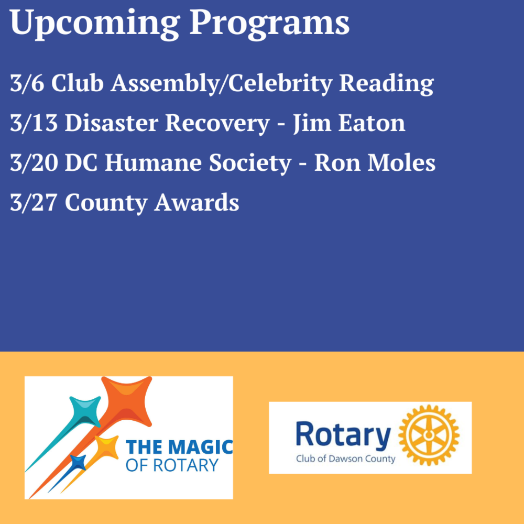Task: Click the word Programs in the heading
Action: pyautogui.click(x=269, y=24)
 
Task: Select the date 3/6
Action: pyautogui.click(x=27, y=83)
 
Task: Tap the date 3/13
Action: pyautogui.click(x=34, y=123)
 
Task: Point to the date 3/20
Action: pyautogui.click(x=34, y=163)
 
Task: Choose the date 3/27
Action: pyautogui.click(x=34, y=202)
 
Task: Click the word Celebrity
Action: pyautogui.click(x=280, y=83)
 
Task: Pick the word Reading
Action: pyautogui.click(x=387, y=83)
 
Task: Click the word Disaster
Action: pyautogui.click(x=111, y=123)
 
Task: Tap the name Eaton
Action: pyautogui.click(x=372, y=123)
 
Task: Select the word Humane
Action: pyautogui.click(x=153, y=163)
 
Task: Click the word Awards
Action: pyautogui.click(x=196, y=202)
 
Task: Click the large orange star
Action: pyautogui.click(x=127, y=401)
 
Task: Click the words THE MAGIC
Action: pyautogui.click(x=179, y=447)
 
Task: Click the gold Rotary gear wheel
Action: pyautogui.click(x=429, y=435)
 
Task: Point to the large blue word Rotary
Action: pyautogui.click(x=343, y=435)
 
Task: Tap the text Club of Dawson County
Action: pyautogui.click(x=345, y=459)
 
